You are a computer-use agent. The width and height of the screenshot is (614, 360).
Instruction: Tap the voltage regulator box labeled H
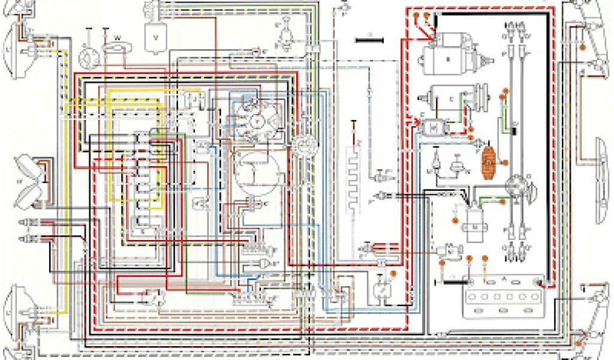pyautogui.click(x=433, y=127)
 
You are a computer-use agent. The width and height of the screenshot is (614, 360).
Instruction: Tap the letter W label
pyautogui.click(x=118, y=38)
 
